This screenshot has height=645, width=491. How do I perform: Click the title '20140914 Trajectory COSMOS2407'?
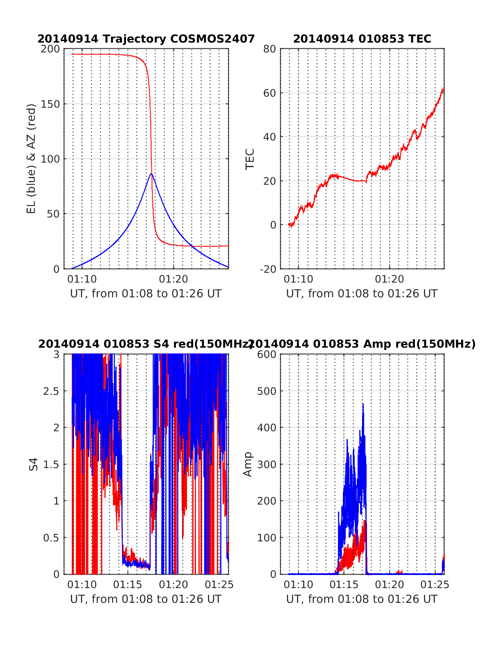(x=146, y=39)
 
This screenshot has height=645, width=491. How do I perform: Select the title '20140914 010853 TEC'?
(x=362, y=39)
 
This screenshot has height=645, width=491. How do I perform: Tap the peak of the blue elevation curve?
(x=151, y=174)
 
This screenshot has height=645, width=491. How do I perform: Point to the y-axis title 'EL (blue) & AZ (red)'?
(x=32, y=158)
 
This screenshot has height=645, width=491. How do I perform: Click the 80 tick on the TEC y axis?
(x=270, y=49)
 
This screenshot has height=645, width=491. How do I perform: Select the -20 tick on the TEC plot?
(x=268, y=269)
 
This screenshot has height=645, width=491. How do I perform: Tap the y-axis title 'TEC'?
(x=250, y=159)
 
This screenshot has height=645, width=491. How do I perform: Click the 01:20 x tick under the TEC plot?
(x=390, y=279)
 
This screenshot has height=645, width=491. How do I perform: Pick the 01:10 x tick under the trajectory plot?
(x=82, y=279)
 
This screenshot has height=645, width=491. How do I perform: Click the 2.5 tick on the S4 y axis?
(x=52, y=391)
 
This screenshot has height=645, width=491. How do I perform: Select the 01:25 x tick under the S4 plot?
(x=219, y=585)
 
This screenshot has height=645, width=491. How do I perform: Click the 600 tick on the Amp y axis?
(x=267, y=355)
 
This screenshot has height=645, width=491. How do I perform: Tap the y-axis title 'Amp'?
(x=248, y=464)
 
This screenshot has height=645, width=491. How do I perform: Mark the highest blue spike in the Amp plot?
(x=363, y=404)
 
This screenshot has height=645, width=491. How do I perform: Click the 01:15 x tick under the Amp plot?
(x=344, y=585)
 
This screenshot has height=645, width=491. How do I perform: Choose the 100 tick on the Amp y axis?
(x=267, y=538)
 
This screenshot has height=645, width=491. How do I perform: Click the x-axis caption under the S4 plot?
(x=146, y=599)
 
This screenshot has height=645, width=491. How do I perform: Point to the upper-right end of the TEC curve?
(x=444, y=88)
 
